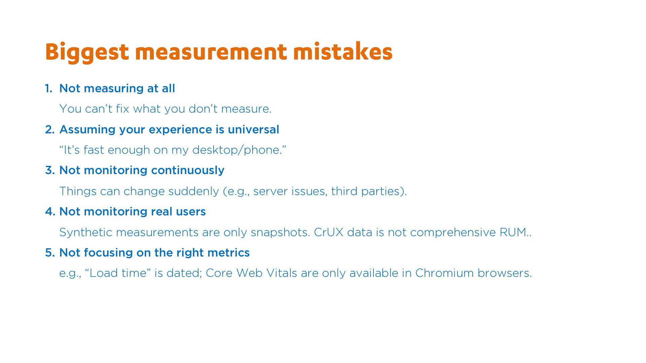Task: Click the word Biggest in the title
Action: click(87, 52)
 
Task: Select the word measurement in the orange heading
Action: click(211, 52)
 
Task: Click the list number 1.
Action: click(48, 88)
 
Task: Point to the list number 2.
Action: click(50, 130)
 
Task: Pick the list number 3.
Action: click(50, 170)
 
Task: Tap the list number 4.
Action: click(50, 212)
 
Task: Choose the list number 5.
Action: click(50, 253)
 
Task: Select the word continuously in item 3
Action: click(188, 171)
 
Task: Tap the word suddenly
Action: click(193, 191)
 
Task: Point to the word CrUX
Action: click(328, 232)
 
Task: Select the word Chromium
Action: click(444, 273)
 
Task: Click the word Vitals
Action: click(282, 273)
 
